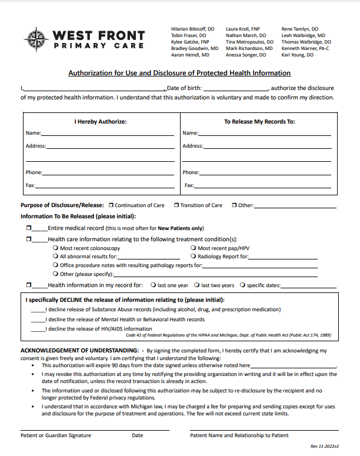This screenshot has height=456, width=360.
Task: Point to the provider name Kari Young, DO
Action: [x=298, y=55]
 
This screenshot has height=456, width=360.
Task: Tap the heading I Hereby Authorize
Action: [x=100, y=122]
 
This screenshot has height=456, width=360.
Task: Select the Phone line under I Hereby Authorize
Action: [x=108, y=174]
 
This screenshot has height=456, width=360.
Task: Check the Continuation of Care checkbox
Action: [x=112, y=205]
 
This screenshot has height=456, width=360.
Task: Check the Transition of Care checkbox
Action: [x=176, y=205]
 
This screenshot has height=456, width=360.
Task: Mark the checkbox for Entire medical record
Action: [x=28, y=228]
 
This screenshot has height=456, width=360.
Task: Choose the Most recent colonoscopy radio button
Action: [x=55, y=248]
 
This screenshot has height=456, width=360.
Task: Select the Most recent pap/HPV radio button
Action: [x=194, y=248]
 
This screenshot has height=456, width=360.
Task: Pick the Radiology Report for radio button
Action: [x=194, y=257]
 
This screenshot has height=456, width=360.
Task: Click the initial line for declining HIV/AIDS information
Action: [x=38, y=329]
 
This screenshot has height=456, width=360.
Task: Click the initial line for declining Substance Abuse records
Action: [x=38, y=309]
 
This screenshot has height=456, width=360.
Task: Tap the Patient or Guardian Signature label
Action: [x=56, y=435]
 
